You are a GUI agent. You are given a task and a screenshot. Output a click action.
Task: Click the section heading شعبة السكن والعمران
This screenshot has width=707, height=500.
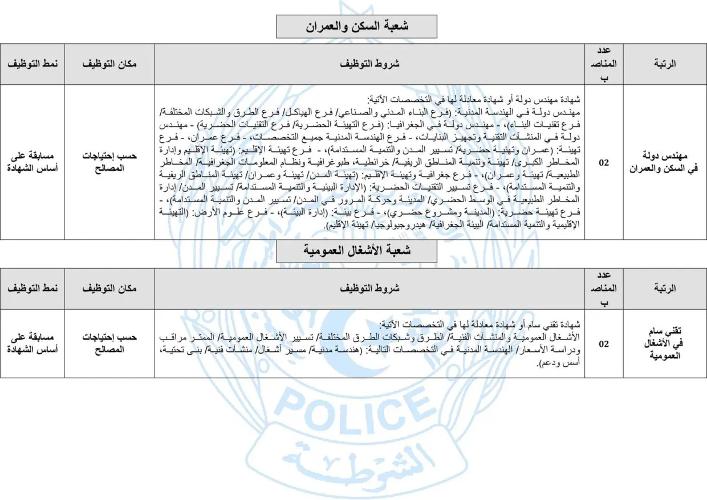point(356,26)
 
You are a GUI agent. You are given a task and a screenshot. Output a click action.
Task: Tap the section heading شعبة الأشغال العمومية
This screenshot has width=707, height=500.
point(356,251)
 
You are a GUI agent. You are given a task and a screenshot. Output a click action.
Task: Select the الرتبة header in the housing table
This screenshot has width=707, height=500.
point(665,64)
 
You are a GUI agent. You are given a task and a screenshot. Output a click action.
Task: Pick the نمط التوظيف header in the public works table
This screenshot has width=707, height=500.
point(32,289)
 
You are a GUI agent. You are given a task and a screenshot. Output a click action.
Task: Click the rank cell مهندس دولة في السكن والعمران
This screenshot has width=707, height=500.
point(665,162)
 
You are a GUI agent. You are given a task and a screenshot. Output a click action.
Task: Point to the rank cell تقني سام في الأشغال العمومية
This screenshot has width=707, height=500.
point(665,344)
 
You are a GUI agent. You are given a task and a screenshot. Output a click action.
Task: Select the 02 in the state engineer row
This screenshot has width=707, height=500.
point(603,162)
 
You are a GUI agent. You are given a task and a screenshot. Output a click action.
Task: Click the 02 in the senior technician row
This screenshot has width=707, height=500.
point(603,344)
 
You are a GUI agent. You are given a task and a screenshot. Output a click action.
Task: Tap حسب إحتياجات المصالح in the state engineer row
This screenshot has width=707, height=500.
point(109,162)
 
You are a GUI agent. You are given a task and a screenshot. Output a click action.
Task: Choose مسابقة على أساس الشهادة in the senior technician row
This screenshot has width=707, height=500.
point(32,344)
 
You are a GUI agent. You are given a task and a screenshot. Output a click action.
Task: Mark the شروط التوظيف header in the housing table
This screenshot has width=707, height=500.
point(373,64)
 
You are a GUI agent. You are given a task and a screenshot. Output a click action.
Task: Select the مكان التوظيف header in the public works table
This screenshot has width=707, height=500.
point(109,289)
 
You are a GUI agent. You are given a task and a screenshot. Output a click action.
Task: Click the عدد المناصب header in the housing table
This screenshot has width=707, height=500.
point(603,64)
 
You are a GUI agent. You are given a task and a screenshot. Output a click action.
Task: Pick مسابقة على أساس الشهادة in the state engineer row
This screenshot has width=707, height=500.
point(32,162)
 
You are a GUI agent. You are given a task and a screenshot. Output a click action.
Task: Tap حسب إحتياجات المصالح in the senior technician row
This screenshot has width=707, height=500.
point(109,344)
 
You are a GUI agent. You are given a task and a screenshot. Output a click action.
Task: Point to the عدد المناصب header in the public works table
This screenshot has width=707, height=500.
point(603,289)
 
